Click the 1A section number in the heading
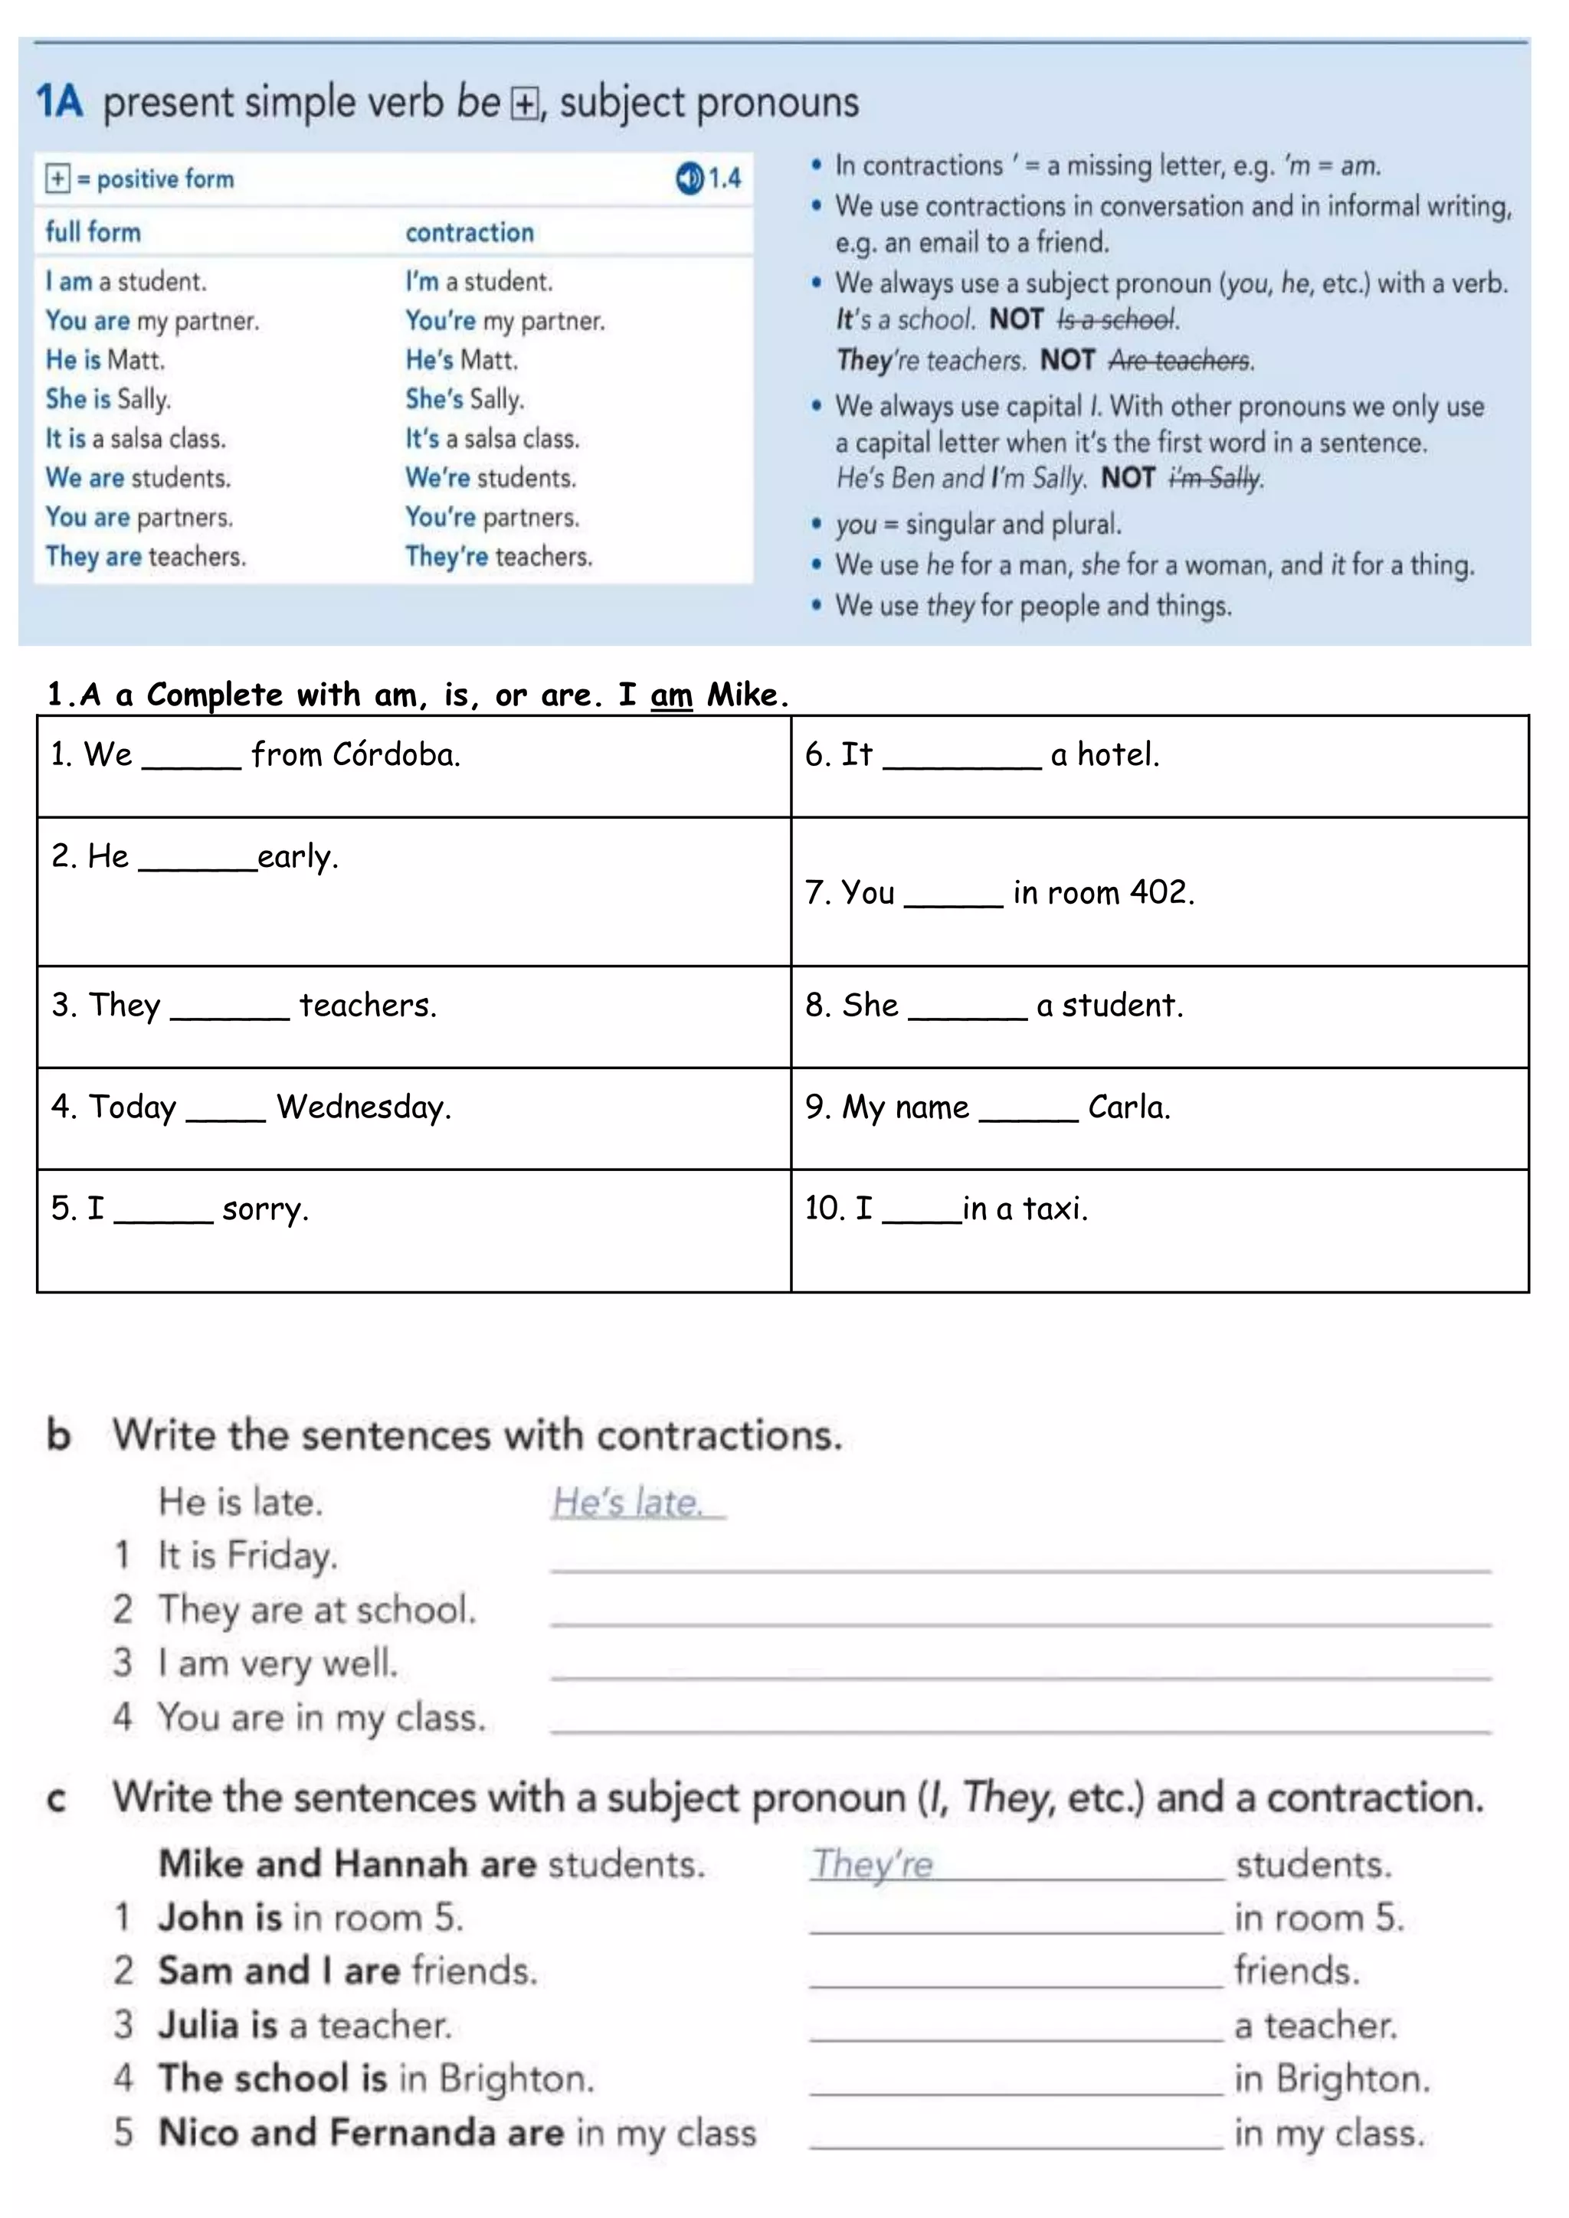tap(59, 101)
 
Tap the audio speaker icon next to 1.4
tap(689, 178)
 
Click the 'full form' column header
tap(93, 232)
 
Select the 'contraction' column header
tap(470, 233)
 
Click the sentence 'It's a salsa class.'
tap(492, 439)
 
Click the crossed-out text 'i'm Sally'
tap(1215, 478)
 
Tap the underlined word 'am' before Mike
tap(671, 695)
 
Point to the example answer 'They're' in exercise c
tap(873, 1863)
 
